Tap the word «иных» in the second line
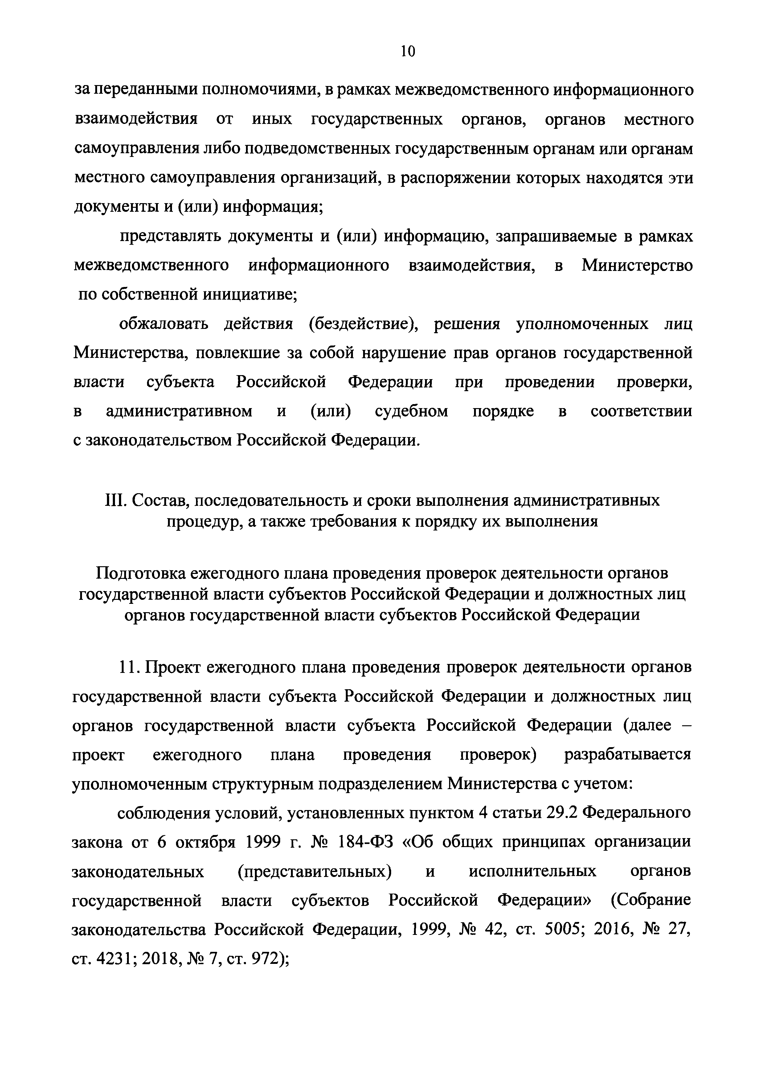[272, 120]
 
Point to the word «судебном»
[411, 411]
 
